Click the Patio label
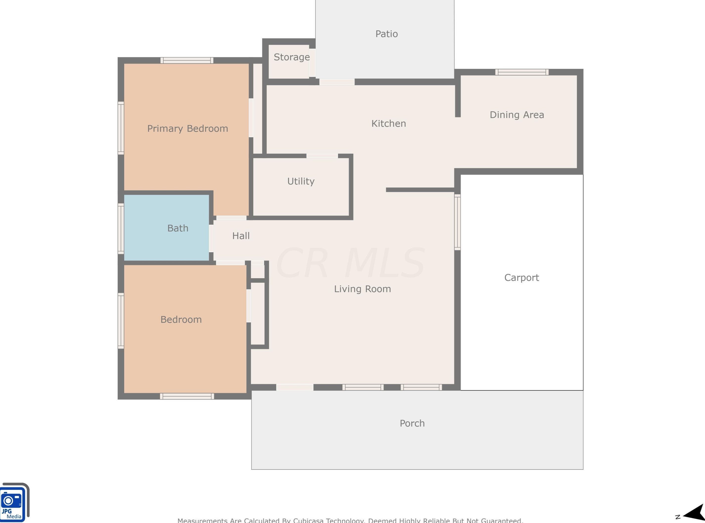386,34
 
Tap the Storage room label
291,57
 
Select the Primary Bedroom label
187,128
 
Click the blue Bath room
166,228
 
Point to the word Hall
241,236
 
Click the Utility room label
301,181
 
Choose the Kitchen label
389,124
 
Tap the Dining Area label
517,115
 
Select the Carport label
521,278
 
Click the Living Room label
362,289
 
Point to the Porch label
412,423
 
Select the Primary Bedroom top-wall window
187,60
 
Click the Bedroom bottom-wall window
187,396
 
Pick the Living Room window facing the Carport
457,222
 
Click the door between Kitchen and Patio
337,82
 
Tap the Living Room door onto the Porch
295,387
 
